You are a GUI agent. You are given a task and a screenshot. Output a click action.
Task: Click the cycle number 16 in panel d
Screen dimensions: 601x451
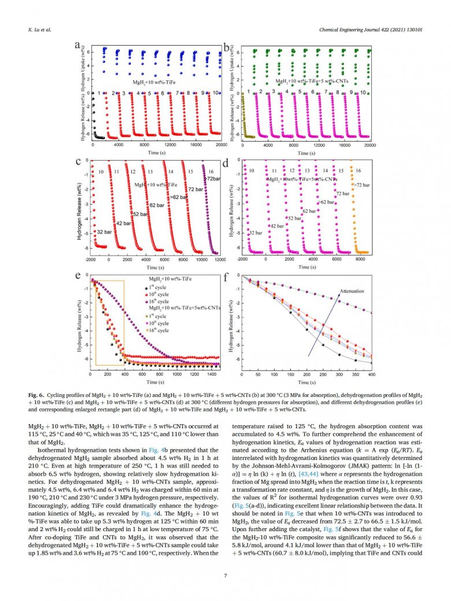pyautogui.click(x=358, y=171)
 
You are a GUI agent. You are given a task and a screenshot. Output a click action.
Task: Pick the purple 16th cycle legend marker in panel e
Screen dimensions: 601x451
pyautogui.click(x=145, y=301)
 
